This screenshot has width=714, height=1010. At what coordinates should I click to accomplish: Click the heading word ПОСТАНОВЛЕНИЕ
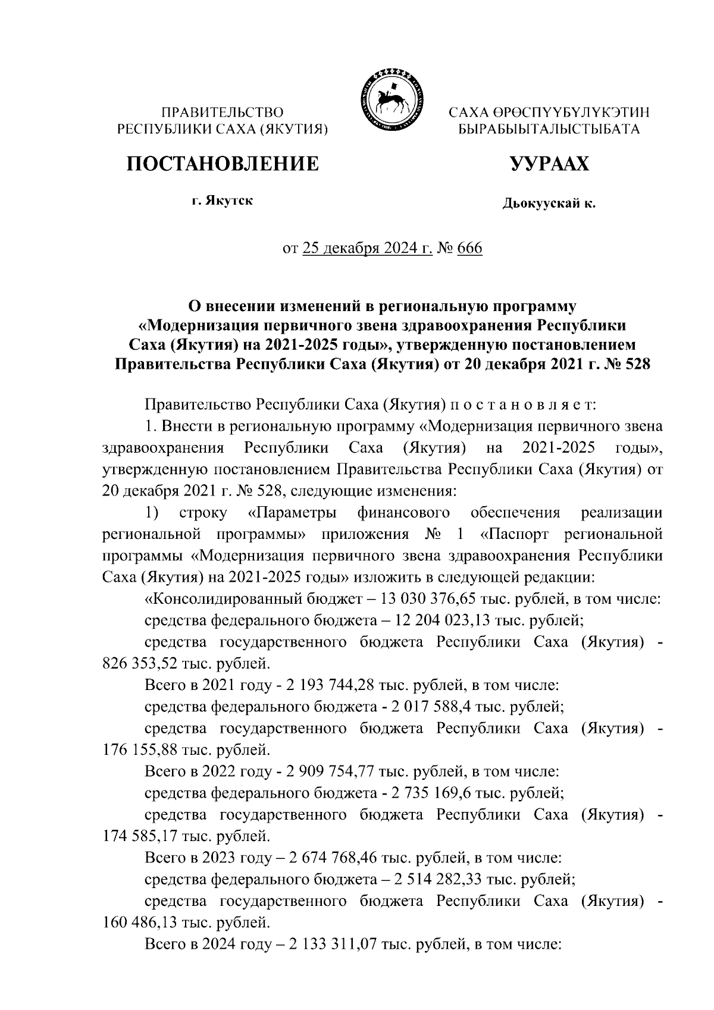(222, 164)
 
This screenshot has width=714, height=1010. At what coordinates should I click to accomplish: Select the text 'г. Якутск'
(222, 201)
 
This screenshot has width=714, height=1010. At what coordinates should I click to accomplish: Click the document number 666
(469, 247)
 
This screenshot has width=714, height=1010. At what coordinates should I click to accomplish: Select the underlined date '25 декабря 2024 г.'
(368, 247)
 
